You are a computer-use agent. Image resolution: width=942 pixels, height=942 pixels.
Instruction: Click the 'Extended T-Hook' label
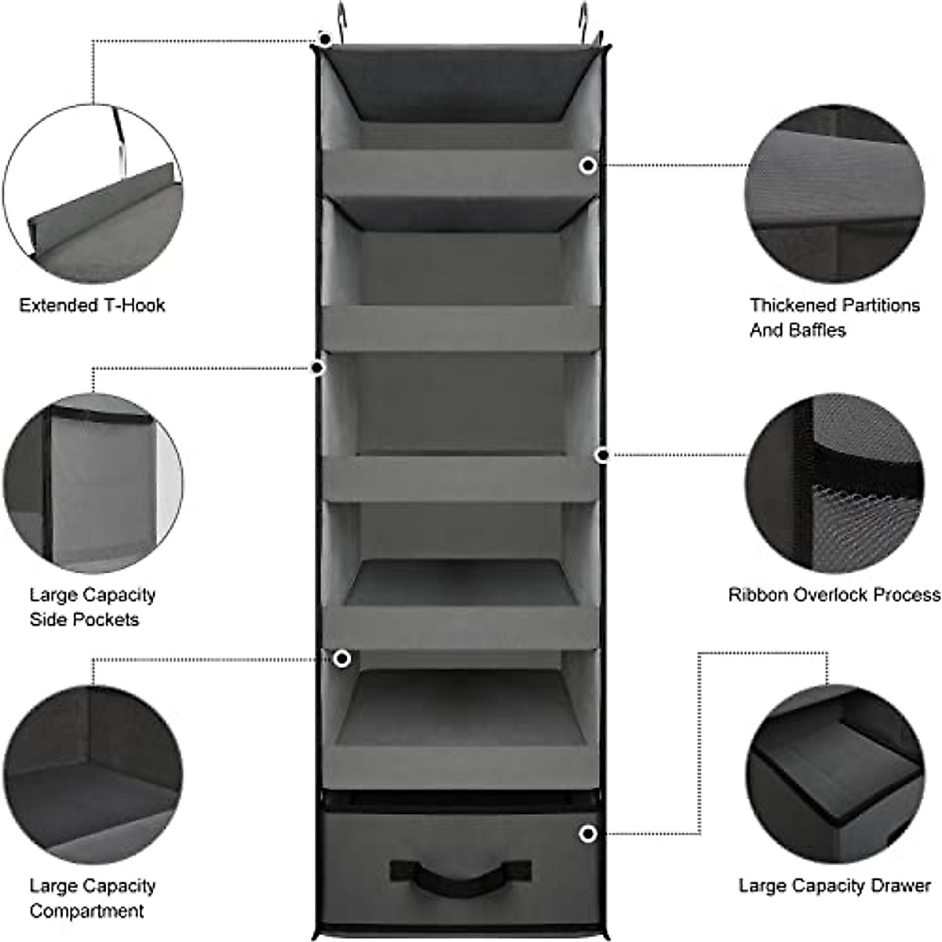point(93,305)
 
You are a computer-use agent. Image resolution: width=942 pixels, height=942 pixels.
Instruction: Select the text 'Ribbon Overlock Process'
point(834,595)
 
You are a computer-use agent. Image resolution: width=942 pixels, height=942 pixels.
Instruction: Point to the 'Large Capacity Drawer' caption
point(834,886)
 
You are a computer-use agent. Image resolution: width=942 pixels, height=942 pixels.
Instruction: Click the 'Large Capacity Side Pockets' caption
point(93,607)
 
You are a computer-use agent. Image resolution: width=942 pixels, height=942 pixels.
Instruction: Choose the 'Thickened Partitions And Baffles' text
point(834,317)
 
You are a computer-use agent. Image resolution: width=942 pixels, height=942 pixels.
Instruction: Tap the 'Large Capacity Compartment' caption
point(93,898)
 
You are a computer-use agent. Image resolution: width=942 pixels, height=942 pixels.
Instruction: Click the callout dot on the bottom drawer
point(588,834)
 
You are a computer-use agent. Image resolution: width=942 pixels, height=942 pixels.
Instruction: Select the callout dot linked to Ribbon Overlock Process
point(603,455)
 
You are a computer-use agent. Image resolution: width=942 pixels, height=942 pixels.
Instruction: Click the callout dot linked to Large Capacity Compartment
point(341,659)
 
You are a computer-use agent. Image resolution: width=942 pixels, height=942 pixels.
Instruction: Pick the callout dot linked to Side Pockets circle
point(317,367)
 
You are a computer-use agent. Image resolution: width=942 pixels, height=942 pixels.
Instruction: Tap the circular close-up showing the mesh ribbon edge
point(834,483)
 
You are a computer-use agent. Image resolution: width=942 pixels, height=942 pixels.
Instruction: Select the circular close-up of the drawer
point(834,773)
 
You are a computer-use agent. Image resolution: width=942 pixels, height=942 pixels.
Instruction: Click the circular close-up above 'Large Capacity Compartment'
point(93,773)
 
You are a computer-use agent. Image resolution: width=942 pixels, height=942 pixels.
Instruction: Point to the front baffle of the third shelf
point(460,478)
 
